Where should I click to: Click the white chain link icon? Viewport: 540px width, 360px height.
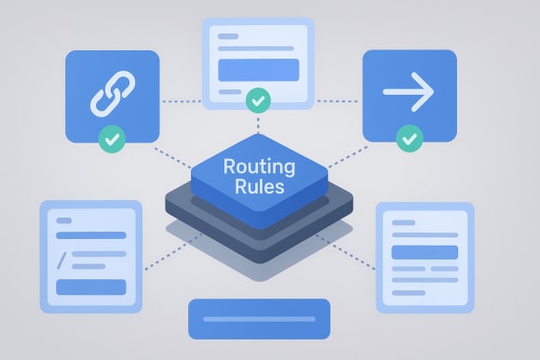[x=112, y=92]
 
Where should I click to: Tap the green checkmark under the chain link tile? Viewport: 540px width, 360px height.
[x=112, y=140]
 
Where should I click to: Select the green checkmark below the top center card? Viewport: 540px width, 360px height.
[x=259, y=99]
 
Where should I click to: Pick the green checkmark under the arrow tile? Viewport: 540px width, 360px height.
[x=408, y=140]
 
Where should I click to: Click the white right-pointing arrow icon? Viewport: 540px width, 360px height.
[x=409, y=92]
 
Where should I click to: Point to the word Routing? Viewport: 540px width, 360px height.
[x=260, y=167]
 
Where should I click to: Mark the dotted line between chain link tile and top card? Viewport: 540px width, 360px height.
[x=181, y=101]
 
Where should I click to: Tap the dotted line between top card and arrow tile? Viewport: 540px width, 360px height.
[x=338, y=101]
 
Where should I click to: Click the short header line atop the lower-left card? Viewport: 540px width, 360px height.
[x=64, y=221]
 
